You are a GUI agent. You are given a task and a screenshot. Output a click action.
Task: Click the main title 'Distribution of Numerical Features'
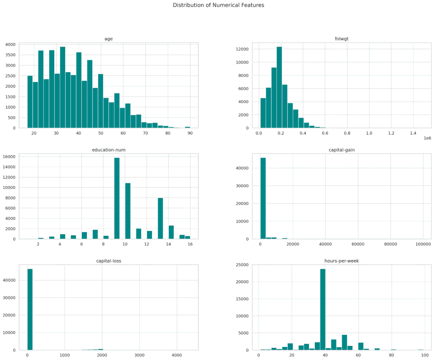pos(218,5)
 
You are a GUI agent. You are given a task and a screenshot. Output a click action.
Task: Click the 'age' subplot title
pos(108,39)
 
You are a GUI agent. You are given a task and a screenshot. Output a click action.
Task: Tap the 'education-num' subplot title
pos(108,150)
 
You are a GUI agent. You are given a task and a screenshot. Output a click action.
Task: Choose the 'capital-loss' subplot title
pos(108,261)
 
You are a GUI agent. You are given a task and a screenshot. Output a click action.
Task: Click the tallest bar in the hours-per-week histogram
pos(323,310)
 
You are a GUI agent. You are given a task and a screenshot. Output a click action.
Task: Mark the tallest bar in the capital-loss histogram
pos(30,310)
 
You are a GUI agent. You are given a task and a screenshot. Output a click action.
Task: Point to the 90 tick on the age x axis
pos(190,133)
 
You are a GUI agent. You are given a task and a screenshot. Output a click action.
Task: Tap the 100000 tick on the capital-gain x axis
pos(423,244)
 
